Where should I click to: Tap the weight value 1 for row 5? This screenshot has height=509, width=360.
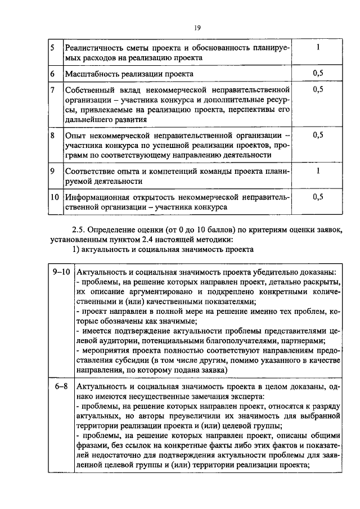click(x=318, y=48)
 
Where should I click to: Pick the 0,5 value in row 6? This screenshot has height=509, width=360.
click(x=318, y=74)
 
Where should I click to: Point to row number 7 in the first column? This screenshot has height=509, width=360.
click(x=52, y=89)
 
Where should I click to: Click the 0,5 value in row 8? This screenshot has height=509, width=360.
click(x=318, y=135)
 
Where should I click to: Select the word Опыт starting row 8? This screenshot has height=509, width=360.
click(x=75, y=136)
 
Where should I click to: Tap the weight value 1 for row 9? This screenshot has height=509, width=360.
click(x=318, y=170)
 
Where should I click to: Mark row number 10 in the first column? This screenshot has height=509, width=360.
click(x=55, y=197)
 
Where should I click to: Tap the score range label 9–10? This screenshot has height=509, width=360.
click(x=60, y=272)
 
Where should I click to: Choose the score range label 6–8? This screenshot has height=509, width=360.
click(x=60, y=388)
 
